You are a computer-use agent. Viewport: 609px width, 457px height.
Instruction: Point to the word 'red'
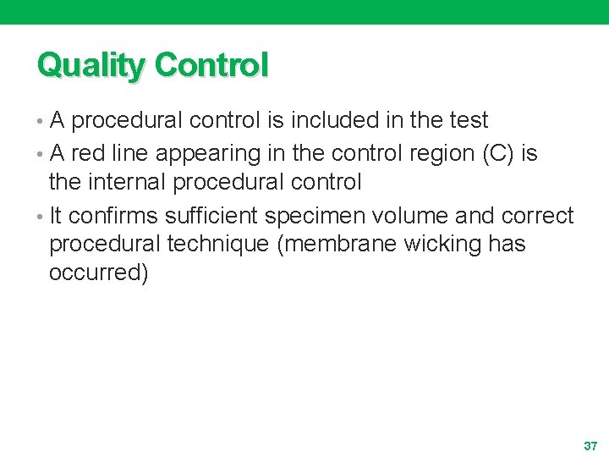coord(88,154)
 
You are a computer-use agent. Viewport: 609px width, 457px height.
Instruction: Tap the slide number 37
coord(590,445)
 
